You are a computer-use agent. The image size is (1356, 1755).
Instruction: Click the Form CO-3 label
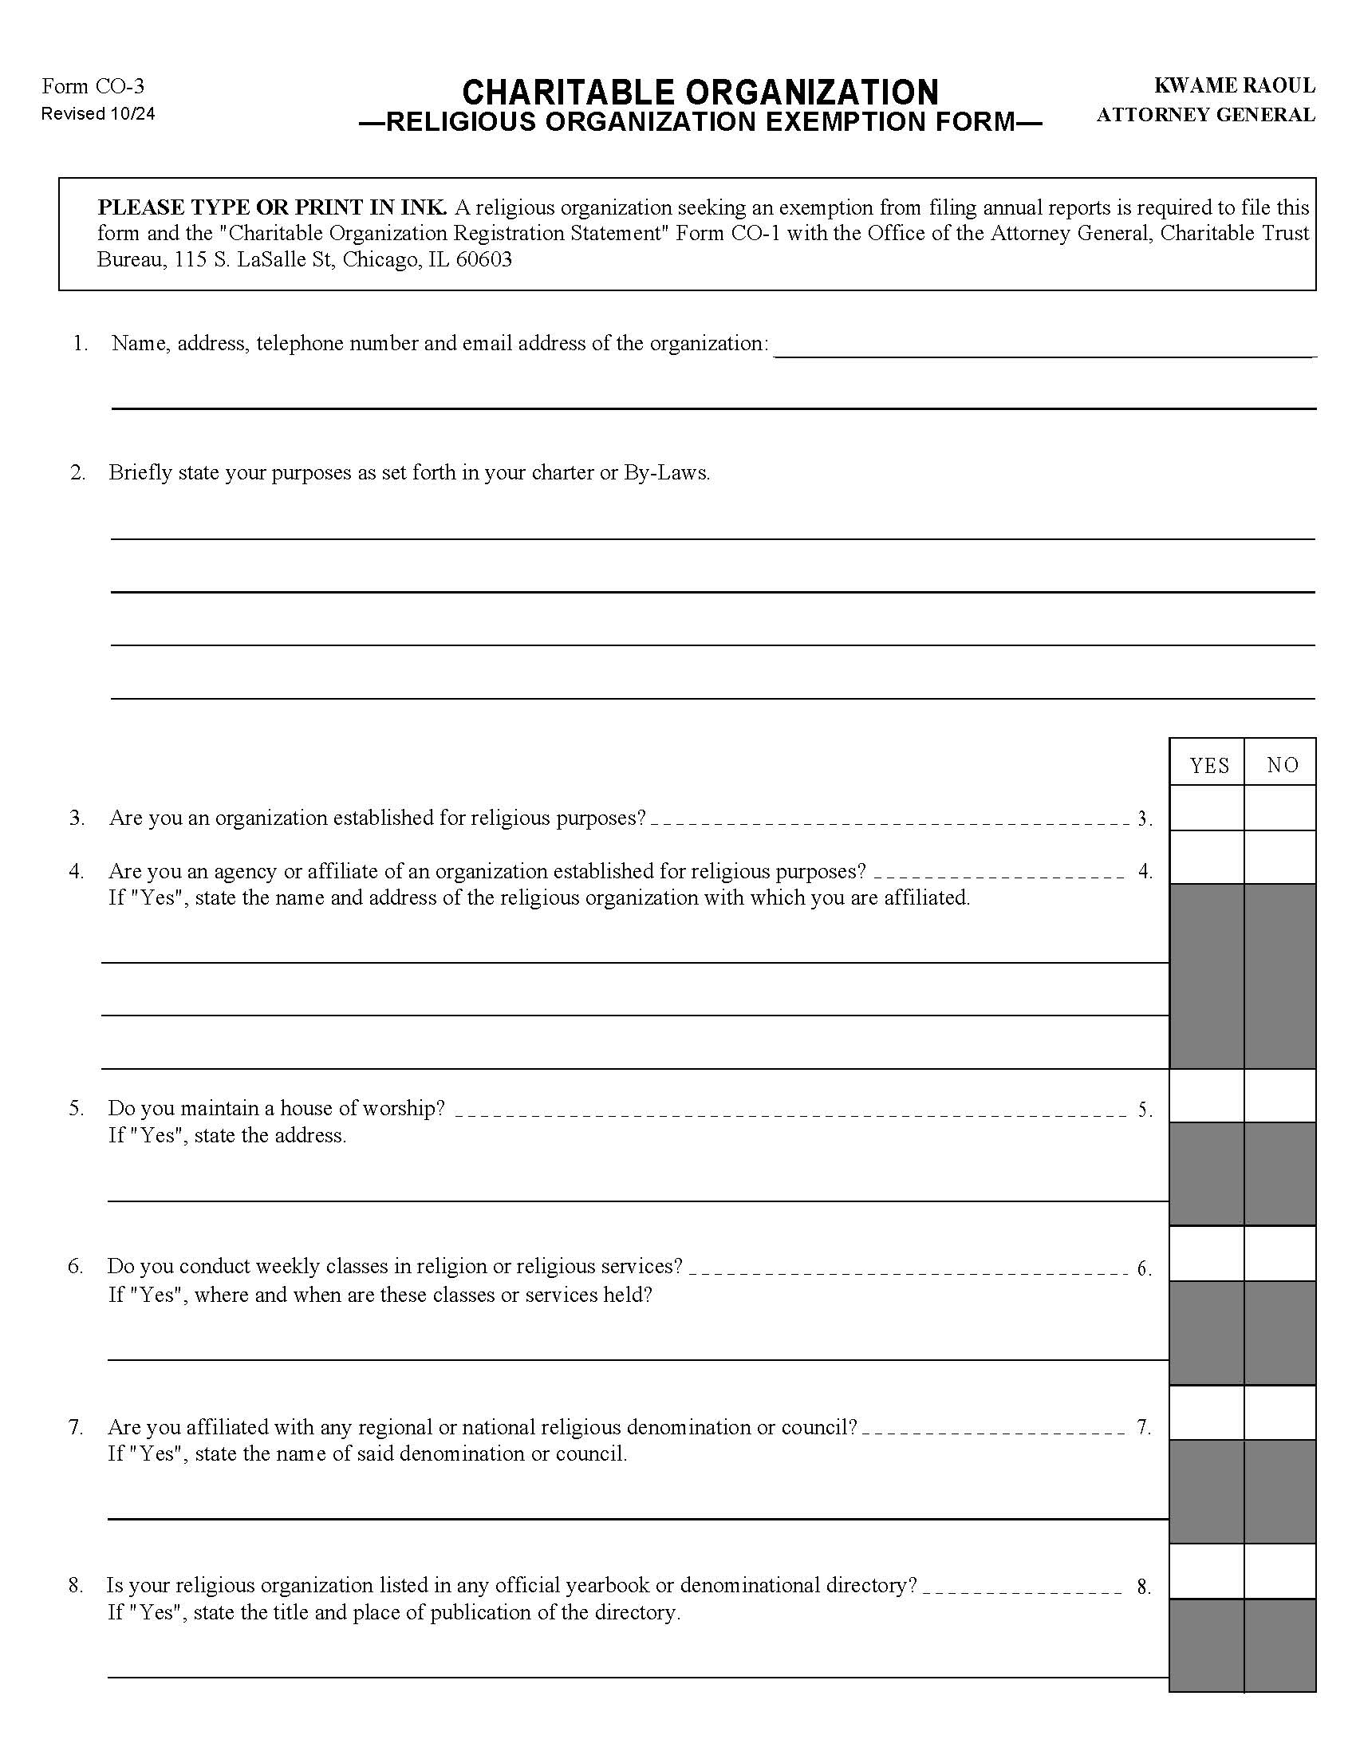click(x=93, y=86)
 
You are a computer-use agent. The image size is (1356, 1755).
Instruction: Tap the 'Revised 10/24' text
click(x=98, y=113)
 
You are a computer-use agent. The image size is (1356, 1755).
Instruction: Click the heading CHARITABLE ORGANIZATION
click(x=700, y=93)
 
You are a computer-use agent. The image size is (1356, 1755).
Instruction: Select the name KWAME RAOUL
click(x=1234, y=85)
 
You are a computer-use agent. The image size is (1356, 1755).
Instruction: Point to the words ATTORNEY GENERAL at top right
click(x=1205, y=115)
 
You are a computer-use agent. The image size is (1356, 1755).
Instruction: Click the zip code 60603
click(x=483, y=259)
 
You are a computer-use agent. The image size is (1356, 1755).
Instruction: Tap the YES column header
click(x=1209, y=765)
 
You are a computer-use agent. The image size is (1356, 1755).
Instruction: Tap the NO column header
click(x=1282, y=764)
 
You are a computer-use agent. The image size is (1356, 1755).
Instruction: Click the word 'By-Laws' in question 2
click(x=665, y=472)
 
